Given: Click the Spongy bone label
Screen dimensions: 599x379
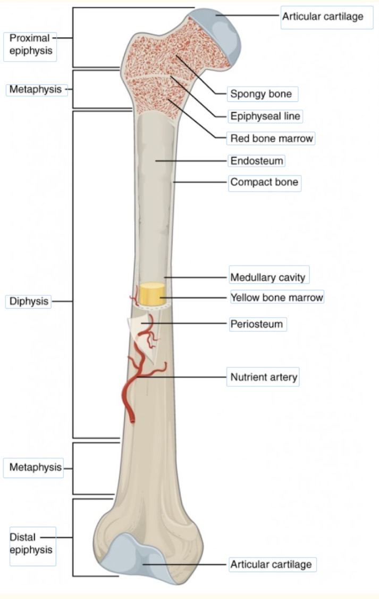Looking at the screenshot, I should pyautogui.click(x=261, y=94).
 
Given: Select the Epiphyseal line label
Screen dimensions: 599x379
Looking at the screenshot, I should pyautogui.click(x=265, y=116).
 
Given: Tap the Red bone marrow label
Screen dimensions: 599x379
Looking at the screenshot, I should pyautogui.click(x=271, y=138).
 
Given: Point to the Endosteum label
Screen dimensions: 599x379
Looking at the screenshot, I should pyautogui.click(x=257, y=160).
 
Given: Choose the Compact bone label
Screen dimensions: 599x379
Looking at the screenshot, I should pyautogui.click(x=264, y=183).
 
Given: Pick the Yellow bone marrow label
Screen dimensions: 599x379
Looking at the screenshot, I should pyautogui.click(x=276, y=298).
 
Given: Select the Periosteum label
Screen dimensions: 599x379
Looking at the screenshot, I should pyautogui.click(x=257, y=324).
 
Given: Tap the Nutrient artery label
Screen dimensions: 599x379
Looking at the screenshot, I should pyautogui.click(x=264, y=378).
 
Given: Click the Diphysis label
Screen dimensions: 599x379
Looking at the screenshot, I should pyautogui.click(x=29, y=301).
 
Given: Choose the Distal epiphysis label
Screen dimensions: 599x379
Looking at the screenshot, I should pyautogui.click(x=31, y=543).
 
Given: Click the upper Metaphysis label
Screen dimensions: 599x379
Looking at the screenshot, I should pyautogui.click(x=36, y=89).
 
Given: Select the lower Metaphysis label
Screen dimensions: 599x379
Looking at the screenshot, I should pyautogui.click(x=36, y=468).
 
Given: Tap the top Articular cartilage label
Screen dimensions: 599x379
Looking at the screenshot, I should pyautogui.click(x=323, y=17).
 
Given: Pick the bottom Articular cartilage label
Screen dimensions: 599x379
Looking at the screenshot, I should pyautogui.click(x=271, y=564).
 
